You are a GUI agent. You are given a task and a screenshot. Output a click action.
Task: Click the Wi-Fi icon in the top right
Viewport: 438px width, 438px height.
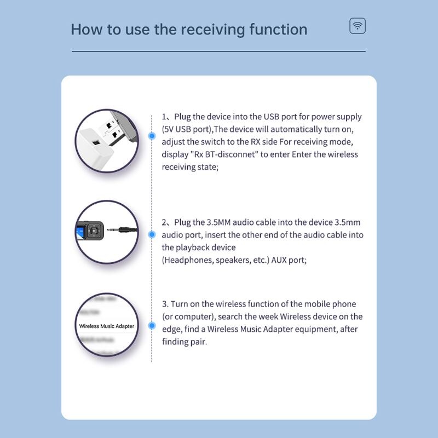pos(358,26)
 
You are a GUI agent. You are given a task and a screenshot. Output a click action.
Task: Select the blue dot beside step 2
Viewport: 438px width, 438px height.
pos(152,234)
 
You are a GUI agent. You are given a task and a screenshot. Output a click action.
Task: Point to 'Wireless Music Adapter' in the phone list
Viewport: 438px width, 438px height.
pos(107,326)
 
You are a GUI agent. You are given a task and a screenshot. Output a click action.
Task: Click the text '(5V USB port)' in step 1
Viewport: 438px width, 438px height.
pos(187,129)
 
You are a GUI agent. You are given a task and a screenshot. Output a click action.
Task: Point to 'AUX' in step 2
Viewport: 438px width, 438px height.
pos(279,260)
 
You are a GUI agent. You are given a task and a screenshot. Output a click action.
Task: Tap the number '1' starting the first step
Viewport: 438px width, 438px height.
pos(164,117)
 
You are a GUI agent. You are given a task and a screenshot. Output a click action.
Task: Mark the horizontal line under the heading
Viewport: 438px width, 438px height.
pos(218,51)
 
